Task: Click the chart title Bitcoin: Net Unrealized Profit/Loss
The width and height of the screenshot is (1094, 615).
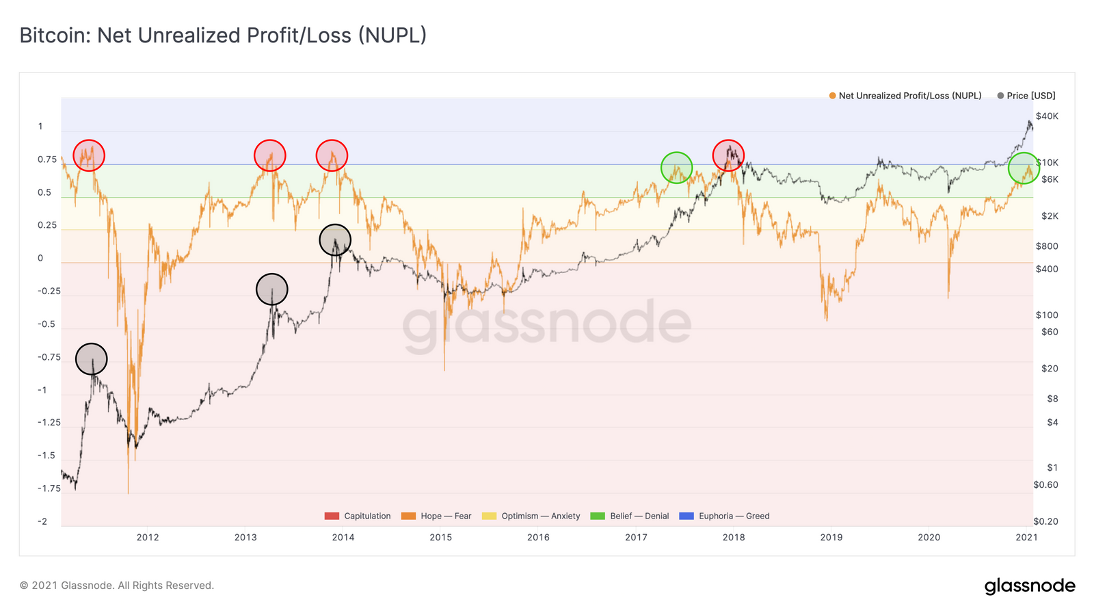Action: pos(223,35)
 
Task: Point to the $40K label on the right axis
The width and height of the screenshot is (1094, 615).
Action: pos(1046,116)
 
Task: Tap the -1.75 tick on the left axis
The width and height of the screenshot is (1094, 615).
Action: pos(49,488)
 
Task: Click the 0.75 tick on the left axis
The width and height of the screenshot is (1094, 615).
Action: pos(47,159)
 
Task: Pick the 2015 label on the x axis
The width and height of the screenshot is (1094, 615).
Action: pos(440,537)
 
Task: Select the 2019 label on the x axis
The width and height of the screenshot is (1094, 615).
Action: pos(831,537)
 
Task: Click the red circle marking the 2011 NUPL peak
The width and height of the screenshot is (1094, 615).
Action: pos(89,155)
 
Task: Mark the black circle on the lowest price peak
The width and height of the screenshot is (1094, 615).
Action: pos(91,359)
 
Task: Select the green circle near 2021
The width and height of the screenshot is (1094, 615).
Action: pos(1024,168)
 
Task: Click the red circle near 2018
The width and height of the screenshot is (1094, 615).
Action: pos(728,155)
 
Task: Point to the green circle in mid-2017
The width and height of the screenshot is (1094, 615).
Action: pos(676,168)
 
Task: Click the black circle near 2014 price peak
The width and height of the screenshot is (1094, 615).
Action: pos(335,240)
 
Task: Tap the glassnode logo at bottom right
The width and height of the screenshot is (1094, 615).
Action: pos(1029,586)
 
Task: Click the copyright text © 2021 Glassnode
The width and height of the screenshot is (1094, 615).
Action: pos(116,586)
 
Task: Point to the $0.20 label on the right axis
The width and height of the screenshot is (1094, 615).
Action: pos(1045,521)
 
